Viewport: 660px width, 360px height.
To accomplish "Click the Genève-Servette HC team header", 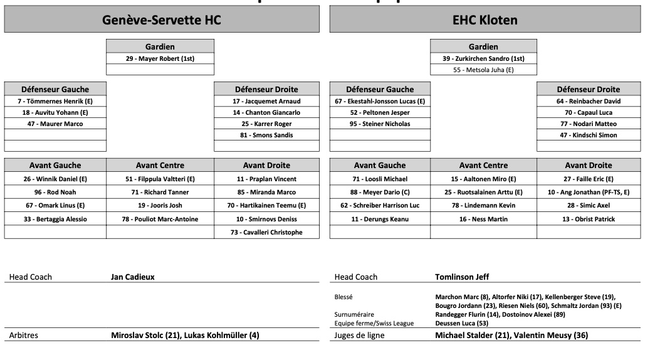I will coord(162,20).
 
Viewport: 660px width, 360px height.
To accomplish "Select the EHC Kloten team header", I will coord(485,20).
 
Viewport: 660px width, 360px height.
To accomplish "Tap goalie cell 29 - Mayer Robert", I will coord(160,58).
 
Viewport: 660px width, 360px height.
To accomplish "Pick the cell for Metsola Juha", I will coord(483,70).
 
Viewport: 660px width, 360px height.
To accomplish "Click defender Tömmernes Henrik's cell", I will coord(55,101).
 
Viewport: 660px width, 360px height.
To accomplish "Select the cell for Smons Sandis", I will coord(266,135).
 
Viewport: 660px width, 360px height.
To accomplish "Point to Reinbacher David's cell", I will coord(589,101).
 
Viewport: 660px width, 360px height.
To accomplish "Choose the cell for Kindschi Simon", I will coord(589,135).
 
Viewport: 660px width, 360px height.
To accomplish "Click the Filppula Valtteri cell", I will coord(160,179).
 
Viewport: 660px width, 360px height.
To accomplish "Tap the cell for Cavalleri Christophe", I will coord(266,232).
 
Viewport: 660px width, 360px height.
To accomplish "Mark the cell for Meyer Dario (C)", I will coord(380,192).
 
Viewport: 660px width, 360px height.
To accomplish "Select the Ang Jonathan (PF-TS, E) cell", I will coord(589,192).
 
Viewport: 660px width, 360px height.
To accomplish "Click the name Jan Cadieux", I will coord(132,277).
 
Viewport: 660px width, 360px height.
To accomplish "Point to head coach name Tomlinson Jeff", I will coord(462,277).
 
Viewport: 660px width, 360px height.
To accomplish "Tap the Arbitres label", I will coord(23,336).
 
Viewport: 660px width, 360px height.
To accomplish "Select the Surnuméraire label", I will coord(354,314).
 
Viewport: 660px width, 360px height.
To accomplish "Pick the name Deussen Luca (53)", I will coord(461,323).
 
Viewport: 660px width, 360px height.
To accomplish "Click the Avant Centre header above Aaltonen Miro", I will coord(483,166).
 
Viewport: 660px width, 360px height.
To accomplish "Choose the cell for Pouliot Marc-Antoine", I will coord(160,219).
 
